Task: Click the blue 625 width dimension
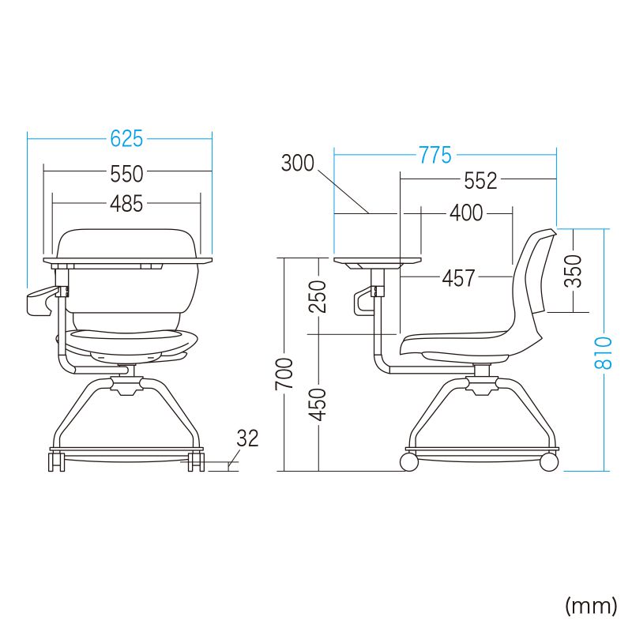pos(126,139)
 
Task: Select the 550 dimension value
pos(126,173)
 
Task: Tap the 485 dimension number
pos(126,204)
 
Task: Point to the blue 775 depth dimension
pos(435,155)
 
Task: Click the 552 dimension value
pos(480,180)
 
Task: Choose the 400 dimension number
pos(466,213)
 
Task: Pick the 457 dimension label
pos(458,278)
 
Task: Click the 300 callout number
pos(298,164)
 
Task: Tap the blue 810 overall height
pos(603,353)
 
